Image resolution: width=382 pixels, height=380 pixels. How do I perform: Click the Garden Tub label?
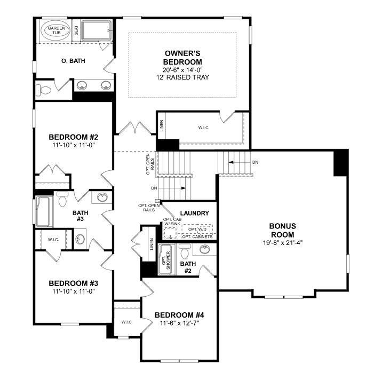coord(56,30)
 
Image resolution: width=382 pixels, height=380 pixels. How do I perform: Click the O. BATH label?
coord(74,61)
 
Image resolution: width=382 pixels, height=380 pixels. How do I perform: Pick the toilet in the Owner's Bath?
coord(45,89)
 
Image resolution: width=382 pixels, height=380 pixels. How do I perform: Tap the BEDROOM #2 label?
coord(73,136)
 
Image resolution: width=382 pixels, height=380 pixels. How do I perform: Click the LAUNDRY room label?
coord(194,213)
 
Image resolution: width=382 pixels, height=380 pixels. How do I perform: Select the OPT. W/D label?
coord(197,229)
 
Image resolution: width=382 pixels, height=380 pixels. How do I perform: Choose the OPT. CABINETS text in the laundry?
coord(197,236)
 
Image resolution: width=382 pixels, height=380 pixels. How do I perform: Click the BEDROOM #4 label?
coord(179,315)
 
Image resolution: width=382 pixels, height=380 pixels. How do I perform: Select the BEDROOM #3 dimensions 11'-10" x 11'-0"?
coord(73,291)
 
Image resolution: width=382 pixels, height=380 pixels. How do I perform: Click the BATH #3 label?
coord(81,216)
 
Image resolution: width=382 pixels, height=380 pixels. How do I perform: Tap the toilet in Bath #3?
coord(62,199)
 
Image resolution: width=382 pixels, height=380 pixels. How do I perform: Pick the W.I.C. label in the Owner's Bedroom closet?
coord(203,127)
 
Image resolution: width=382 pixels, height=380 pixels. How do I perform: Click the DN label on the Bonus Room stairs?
coord(255,162)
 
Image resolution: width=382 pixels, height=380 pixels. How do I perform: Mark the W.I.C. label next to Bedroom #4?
coord(126,322)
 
